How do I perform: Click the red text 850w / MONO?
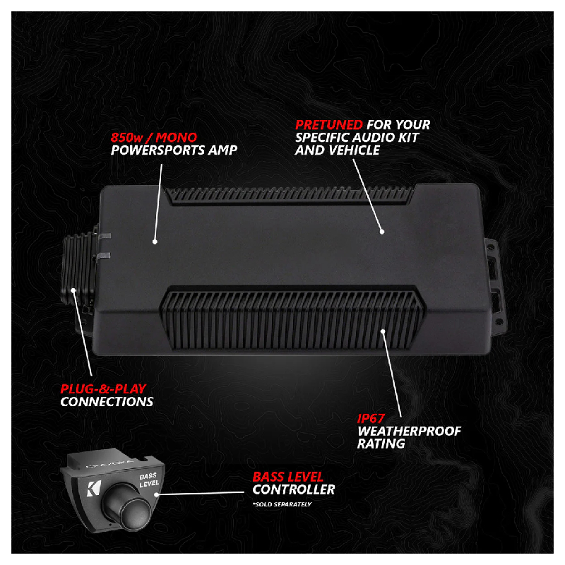154,137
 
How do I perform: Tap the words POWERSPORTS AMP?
174,150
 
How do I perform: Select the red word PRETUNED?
329,125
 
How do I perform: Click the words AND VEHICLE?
338,150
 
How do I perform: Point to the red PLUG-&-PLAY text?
103,389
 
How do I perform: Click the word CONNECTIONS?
107,401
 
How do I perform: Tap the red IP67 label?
371,418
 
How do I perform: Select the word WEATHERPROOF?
409,431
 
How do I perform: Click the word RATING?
381,444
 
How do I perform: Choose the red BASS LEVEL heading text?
288,477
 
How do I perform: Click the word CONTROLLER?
294,489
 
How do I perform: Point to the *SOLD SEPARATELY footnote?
282,504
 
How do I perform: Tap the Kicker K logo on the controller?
92,488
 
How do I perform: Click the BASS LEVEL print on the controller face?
149,480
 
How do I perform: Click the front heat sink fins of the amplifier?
292,319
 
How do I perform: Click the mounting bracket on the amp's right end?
496,287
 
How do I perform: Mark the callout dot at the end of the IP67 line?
383,331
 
